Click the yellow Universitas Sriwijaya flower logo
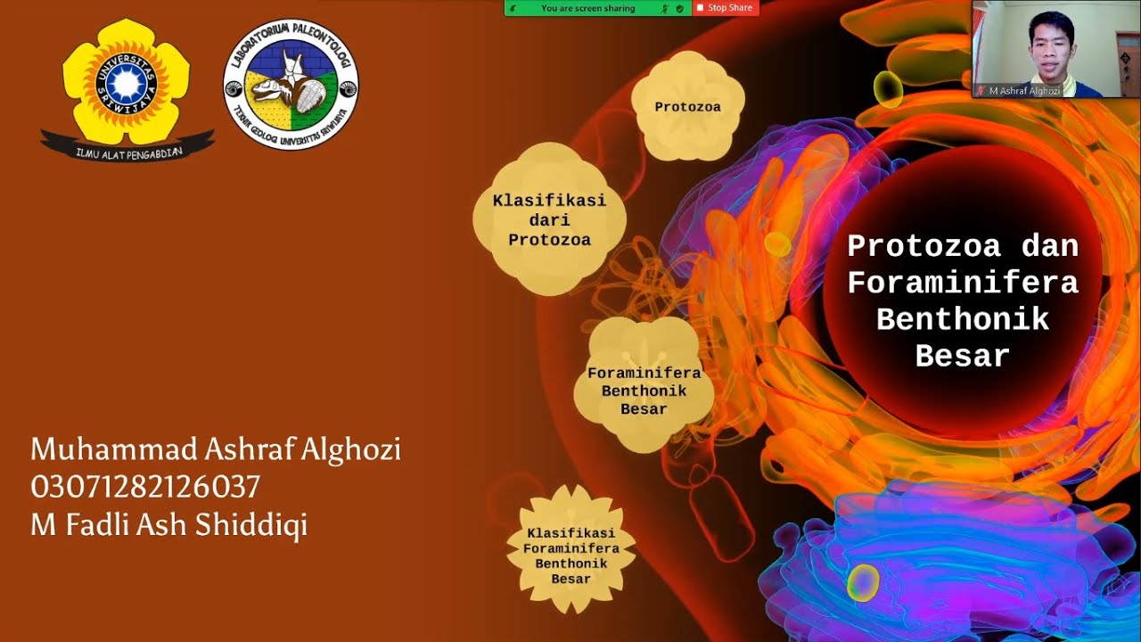127,83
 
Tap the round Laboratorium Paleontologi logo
291,84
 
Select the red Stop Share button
726,8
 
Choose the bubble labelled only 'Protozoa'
687,107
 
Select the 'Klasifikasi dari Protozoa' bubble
549,219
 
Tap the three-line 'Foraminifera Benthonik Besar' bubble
644,391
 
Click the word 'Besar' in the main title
962,356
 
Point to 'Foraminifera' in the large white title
962,283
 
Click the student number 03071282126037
145,487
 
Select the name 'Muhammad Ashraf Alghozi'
215,449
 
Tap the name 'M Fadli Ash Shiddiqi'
168,525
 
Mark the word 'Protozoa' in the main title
923,245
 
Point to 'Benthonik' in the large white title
962,319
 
